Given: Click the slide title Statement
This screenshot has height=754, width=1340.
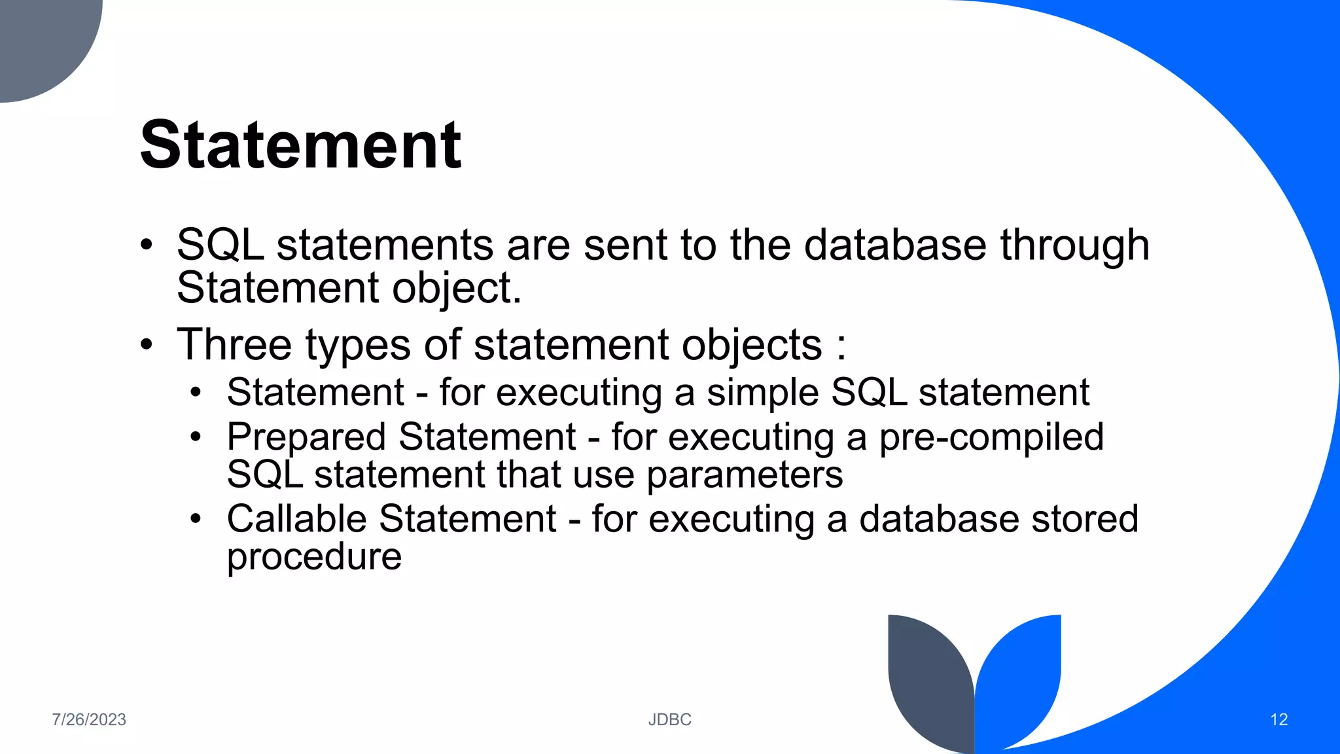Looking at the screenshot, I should [300, 145].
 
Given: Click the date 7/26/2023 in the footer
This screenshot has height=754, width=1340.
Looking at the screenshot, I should [89, 719].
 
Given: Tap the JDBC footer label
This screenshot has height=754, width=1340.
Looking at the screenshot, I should [669, 719].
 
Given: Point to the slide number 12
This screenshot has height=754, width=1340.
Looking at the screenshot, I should [1278, 719].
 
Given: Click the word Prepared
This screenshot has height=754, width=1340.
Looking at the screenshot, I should [306, 437].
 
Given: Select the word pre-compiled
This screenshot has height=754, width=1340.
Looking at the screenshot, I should [991, 437].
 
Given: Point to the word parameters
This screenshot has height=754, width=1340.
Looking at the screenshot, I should [745, 475].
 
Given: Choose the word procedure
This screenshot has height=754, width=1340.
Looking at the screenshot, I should [314, 557].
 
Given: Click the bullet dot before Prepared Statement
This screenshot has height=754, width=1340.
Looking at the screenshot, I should [196, 437].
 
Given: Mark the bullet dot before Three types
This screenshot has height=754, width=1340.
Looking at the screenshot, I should [147, 344].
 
